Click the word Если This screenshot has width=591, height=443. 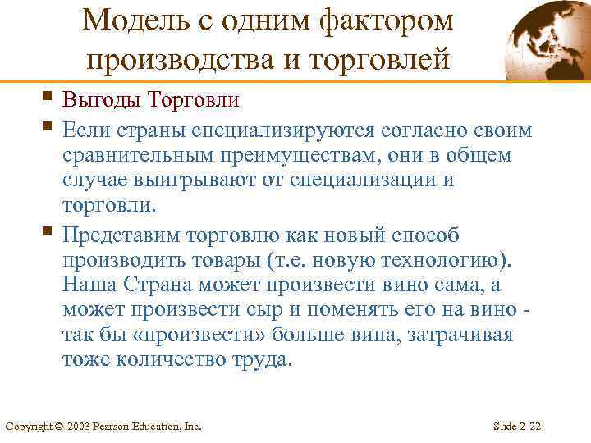(85, 130)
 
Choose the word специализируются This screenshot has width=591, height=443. (283, 130)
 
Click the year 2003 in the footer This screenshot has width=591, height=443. (77, 426)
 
